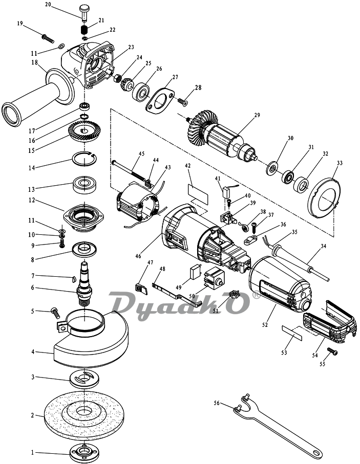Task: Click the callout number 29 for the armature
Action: pos(257,115)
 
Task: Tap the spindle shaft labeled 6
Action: pos(84,284)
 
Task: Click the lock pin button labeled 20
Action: pos(85,12)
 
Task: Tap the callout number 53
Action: pos(284,352)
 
